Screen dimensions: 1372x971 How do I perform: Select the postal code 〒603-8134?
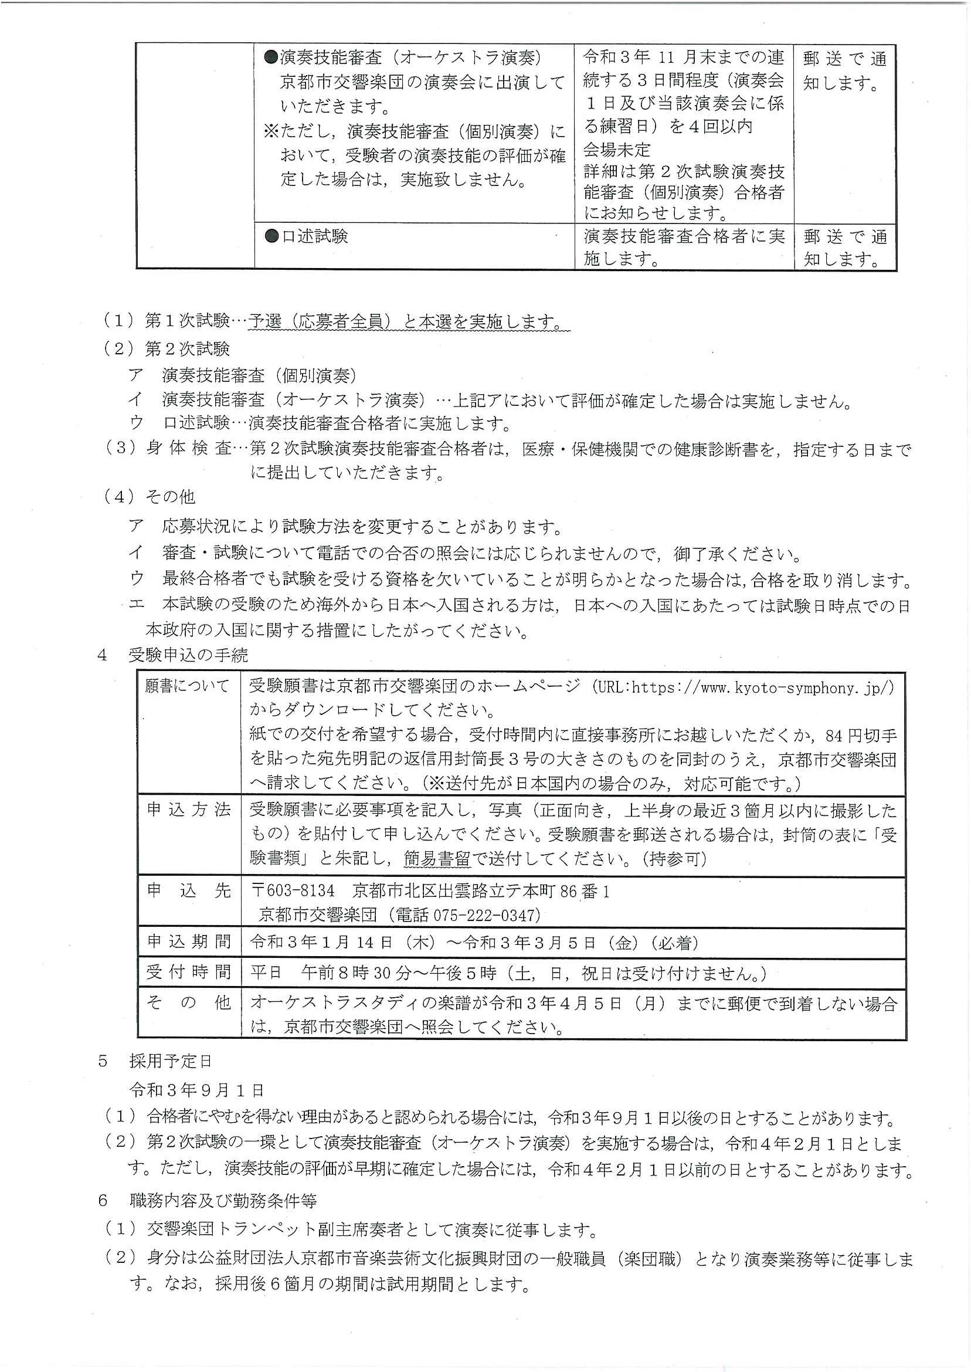pyautogui.click(x=293, y=890)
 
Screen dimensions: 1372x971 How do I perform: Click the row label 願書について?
pyautogui.click(x=187, y=686)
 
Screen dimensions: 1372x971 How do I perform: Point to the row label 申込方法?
pyautogui.click(x=189, y=810)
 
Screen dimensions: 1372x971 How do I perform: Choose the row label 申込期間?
pyautogui.click(x=189, y=942)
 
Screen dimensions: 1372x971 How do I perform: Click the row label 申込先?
pyautogui.click(x=189, y=890)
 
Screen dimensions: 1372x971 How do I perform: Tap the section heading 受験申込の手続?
pyautogui.click(x=188, y=655)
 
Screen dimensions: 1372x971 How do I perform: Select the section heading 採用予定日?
pyautogui.click(x=171, y=1061)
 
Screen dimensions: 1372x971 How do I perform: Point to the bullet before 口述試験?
pyautogui.click(x=271, y=236)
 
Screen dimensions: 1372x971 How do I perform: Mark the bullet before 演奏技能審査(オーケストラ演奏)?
pyautogui.click(x=271, y=57)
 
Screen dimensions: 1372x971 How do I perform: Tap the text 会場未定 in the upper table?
pyautogui.click(x=616, y=150)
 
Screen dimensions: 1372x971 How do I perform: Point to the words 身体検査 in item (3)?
pyautogui.click(x=189, y=449)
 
